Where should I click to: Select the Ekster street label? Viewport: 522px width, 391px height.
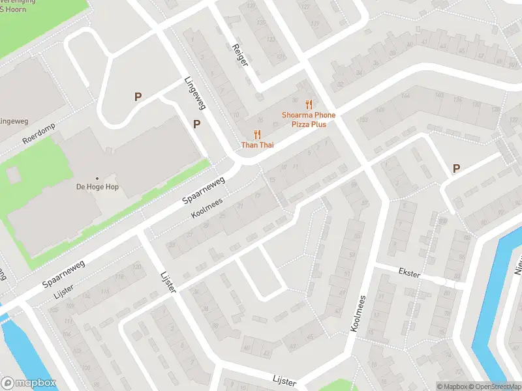tap(409, 274)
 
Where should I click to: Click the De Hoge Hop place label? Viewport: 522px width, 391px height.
tap(97, 186)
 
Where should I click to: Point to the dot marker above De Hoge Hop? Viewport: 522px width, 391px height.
tap(97, 178)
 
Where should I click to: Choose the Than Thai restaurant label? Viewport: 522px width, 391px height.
tap(257, 145)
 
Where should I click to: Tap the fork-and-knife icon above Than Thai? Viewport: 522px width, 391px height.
tap(257, 134)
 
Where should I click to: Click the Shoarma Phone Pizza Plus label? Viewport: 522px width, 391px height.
tap(309, 119)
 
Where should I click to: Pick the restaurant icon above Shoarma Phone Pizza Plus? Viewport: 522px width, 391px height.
tap(309, 104)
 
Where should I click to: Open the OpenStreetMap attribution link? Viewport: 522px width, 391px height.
tap(497, 386)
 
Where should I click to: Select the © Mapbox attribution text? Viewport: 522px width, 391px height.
tap(452, 386)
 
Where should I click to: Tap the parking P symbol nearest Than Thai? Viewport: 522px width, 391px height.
tap(196, 124)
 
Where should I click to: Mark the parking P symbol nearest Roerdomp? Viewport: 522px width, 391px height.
tap(138, 96)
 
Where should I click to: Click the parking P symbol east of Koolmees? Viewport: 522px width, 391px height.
tap(456, 169)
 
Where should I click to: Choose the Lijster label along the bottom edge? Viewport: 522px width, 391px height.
tap(284, 381)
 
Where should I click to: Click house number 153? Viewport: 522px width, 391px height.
tap(363, 120)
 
